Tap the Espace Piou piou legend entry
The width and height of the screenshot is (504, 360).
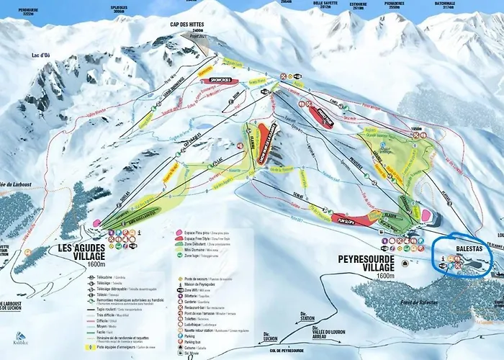tap(199, 233)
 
